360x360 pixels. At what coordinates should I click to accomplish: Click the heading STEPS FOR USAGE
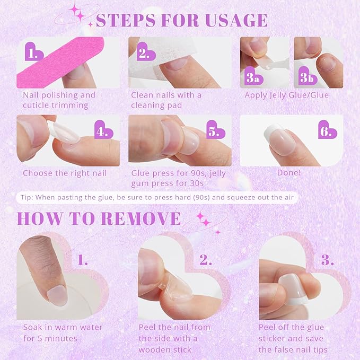coord(181,20)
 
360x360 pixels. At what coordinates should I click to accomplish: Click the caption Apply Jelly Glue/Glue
coord(286,95)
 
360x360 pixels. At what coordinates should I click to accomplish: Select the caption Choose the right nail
coord(65,173)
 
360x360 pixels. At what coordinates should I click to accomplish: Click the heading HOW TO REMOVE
coord(99,218)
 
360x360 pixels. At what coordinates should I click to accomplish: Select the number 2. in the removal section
coord(206,260)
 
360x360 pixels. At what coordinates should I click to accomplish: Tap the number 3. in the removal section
coord(328,260)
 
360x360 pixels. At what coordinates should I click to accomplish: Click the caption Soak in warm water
coord(63,328)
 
